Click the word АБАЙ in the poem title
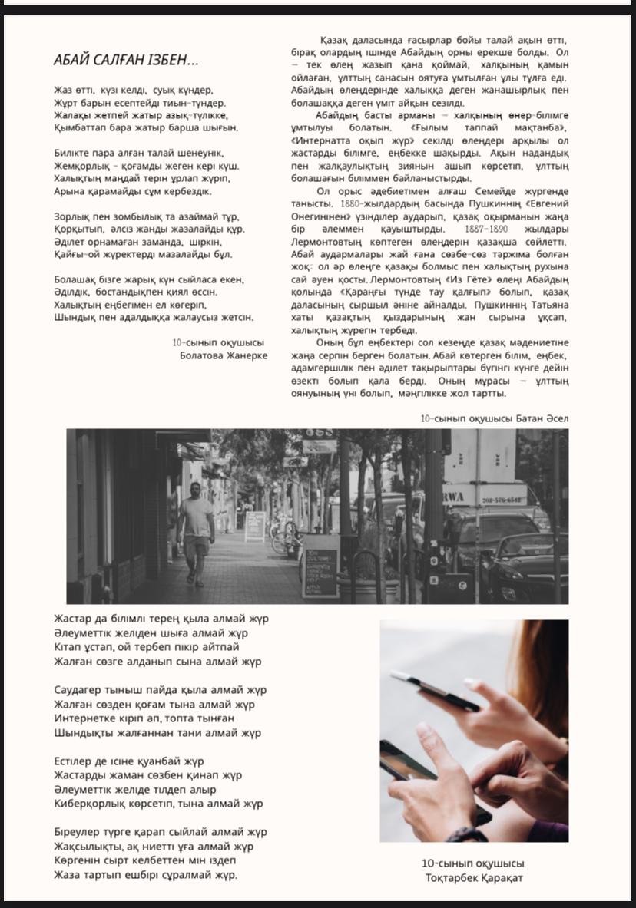[x=71, y=60]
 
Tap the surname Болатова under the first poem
[x=205, y=355]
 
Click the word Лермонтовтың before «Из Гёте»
[x=405, y=279]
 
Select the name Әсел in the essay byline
[x=556, y=418]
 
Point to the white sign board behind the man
[x=254, y=526]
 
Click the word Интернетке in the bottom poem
[x=84, y=718]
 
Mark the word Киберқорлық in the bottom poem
[x=88, y=804]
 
